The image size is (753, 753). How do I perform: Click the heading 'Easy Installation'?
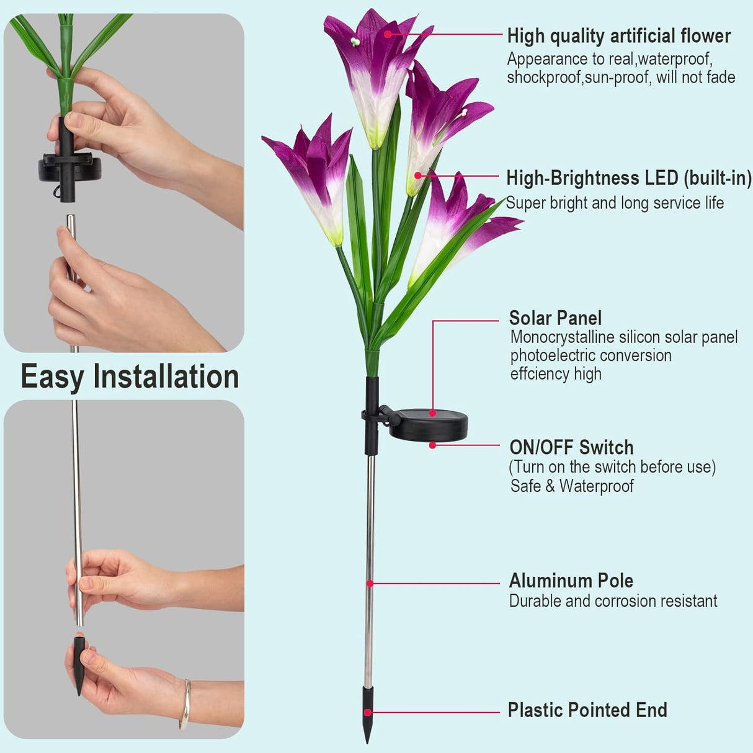point(130,377)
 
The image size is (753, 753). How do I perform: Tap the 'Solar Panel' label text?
point(555,318)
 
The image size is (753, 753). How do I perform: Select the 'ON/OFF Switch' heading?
point(571,447)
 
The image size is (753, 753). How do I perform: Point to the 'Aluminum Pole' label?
point(571,581)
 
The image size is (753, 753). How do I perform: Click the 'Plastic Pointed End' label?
point(587,710)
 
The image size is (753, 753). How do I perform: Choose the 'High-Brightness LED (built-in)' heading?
point(628,178)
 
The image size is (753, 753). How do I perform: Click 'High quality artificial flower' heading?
point(618,36)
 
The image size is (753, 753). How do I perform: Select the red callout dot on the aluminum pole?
point(370,583)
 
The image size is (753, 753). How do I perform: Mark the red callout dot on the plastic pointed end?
point(367,712)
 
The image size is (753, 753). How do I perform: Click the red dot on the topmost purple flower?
point(388,34)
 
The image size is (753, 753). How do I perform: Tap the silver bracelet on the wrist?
point(185,704)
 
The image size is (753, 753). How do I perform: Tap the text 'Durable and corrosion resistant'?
point(613,601)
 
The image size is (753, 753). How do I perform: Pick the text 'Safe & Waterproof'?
point(572,486)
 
